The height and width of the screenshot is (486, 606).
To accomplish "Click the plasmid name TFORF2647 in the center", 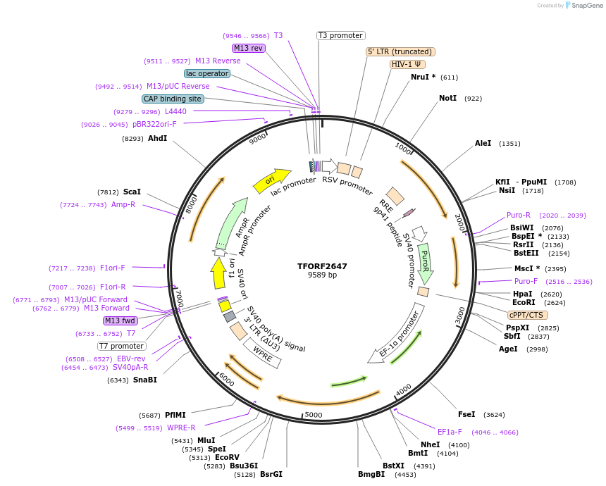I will (x=322, y=266).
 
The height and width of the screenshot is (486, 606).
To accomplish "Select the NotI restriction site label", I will (x=447, y=99).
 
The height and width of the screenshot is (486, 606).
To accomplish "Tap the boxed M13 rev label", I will (x=248, y=48).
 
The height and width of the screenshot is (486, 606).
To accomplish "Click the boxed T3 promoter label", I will (x=340, y=35).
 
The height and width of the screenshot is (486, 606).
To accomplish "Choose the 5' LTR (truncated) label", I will (x=400, y=51).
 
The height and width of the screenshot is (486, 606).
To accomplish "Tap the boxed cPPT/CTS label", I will (x=526, y=315).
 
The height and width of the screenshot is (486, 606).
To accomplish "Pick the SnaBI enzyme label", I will (x=145, y=380).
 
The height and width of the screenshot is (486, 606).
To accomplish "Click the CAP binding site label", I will (x=173, y=99).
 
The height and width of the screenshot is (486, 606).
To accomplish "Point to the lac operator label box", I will (x=206, y=73).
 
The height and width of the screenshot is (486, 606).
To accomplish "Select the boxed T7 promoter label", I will (x=122, y=346).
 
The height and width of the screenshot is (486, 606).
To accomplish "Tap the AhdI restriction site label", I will (x=157, y=139).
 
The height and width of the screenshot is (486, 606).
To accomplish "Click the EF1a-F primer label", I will (x=450, y=432).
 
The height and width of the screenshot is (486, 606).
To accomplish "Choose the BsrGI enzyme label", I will (x=271, y=474).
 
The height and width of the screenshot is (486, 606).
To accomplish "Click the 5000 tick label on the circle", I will (x=314, y=415).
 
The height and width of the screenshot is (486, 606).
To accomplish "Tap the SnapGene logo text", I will (x=584, y=6).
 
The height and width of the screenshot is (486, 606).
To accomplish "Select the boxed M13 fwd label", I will (x=120, y=320).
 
